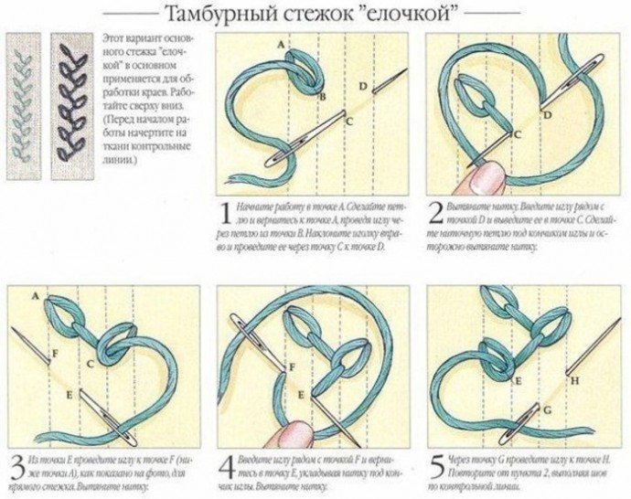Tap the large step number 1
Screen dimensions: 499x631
[x=223, y=215]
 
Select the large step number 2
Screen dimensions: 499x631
[x=436, y=215]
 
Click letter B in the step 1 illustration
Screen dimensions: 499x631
[x=321, y=97]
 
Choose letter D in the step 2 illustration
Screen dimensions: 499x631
[x=547, y=116]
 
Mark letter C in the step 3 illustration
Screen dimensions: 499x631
[x=90, y=365]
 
